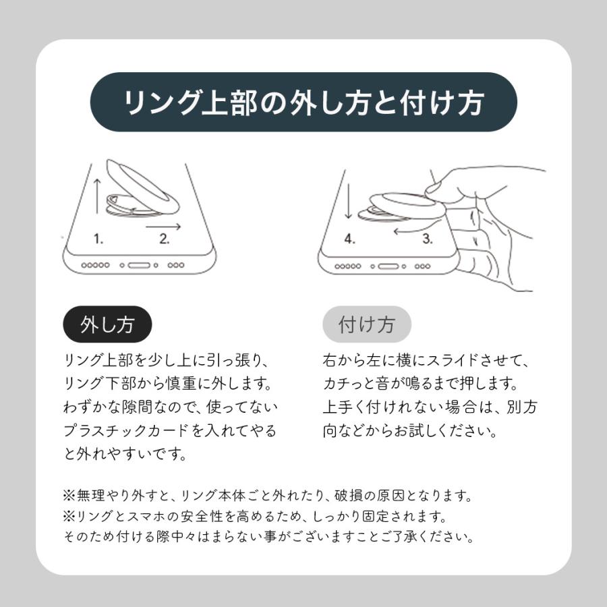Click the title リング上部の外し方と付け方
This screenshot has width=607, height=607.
303,103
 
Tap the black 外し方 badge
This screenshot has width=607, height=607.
107,326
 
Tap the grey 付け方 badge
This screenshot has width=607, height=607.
366,326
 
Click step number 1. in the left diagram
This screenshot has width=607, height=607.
98,238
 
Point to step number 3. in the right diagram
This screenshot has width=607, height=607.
428,238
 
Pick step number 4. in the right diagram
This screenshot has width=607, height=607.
349,238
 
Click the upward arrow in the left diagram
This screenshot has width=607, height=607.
96,196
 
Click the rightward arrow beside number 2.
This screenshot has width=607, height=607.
164,227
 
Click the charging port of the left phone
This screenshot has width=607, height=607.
139,266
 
